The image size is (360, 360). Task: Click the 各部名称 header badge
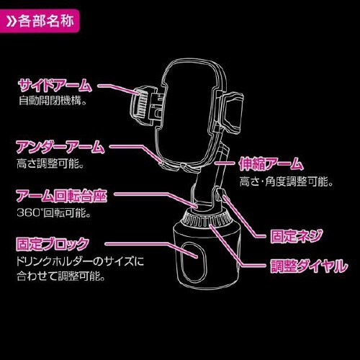coord(40,22)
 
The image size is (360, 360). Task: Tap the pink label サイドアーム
coord(55,86)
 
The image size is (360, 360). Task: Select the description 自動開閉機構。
coord(53,100)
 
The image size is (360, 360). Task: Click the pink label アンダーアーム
coord(60,147)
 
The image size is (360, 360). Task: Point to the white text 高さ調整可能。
coord(50,164)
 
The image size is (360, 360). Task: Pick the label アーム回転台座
coord(61,196)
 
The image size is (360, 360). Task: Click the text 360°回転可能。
coord(54,212)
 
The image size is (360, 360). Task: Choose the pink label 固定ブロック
coord(53,244)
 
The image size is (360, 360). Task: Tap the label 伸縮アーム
coord(271,164)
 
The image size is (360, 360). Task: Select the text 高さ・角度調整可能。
coord(287,181)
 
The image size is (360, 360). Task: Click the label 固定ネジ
coord(296,236)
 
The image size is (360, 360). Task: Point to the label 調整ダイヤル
coord(309,266)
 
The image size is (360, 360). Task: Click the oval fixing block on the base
coord(193,261)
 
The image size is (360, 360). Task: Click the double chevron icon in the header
coord(11,22)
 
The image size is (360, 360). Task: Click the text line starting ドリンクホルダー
coord(81,261)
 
